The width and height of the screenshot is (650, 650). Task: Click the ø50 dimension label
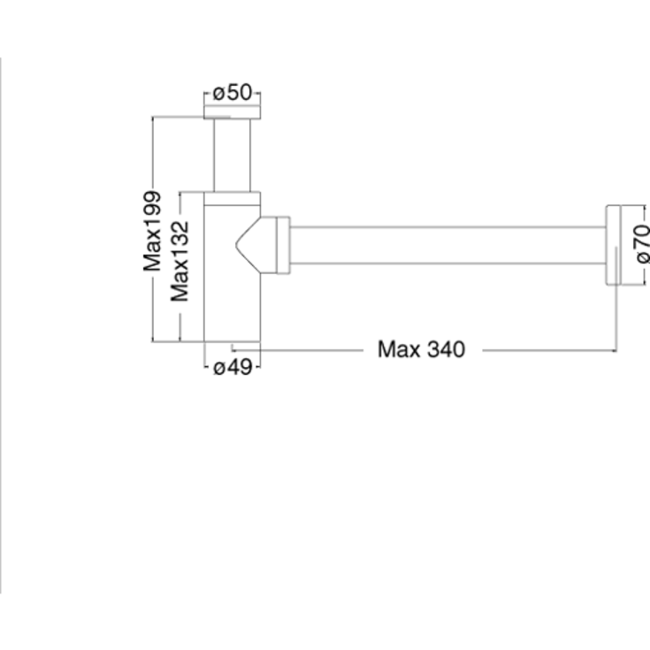(x=232, y=93)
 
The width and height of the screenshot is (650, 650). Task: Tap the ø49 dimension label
(x=233, y=367)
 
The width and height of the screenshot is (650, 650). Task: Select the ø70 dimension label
(x=642, y=243)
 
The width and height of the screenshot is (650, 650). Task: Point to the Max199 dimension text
(x=152, y=231)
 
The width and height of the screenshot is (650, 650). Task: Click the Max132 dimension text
(x=180, y=261)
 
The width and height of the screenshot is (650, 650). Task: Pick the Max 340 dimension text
(x=421, y=349)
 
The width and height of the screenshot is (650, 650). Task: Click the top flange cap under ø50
(x=232, y=112)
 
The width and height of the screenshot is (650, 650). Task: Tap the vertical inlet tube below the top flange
(x=232, y=156)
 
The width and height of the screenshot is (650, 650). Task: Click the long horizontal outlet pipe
(x=447, y=246)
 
